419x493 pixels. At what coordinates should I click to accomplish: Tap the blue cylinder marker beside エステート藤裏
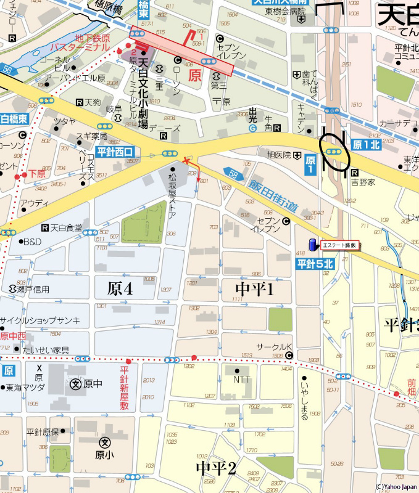click(313, 244)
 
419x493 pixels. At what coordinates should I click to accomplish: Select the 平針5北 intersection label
click(315, 264)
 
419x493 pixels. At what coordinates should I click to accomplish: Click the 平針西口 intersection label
click(114, 152)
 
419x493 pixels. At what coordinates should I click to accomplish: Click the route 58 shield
click(231, 174)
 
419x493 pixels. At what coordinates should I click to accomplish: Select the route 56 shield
click(7, 71)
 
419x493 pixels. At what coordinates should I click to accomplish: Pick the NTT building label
click(242, 379)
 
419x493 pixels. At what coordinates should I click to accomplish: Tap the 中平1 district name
click(255, 289)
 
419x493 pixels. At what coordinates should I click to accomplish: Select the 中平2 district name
click(216, 468)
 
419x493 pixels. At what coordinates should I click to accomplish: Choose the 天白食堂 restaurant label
click(66, 228)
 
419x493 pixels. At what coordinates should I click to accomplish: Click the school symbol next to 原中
click(75, 384)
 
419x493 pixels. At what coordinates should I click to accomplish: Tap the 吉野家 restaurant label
click(363, 182)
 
